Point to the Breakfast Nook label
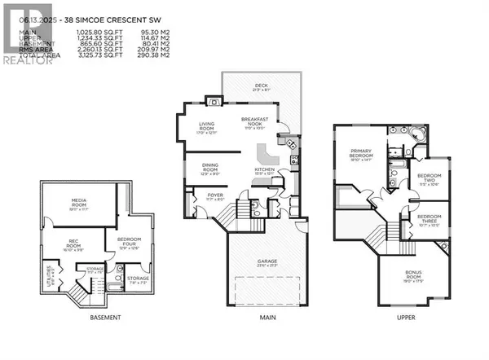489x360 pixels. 256,121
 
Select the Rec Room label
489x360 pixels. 78,243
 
